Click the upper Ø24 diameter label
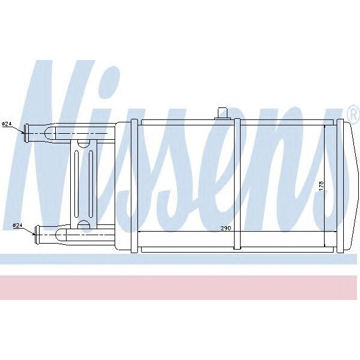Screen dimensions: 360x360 point(8,124)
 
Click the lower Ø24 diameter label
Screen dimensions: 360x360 point(17,225)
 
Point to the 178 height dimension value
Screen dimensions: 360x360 point(321,186)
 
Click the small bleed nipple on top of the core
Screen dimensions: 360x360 point(223,113)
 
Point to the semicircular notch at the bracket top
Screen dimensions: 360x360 point(83,142)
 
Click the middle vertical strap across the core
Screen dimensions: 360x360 point(238,184)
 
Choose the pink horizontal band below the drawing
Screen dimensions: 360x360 point(180,287)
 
